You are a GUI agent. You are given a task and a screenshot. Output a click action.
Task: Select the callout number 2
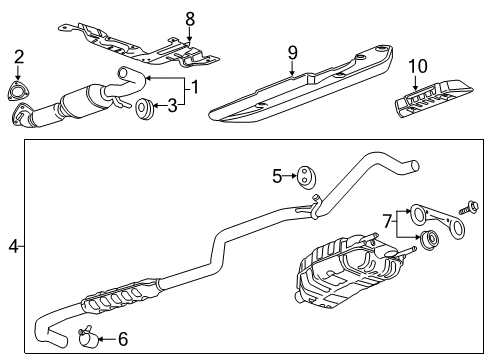pos(18,57)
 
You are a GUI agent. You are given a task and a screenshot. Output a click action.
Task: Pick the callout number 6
pos(122,340)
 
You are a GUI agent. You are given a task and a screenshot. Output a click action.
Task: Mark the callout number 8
pos(190,17)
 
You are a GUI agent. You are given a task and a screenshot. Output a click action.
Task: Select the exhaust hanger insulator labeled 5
pos(298,177)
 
